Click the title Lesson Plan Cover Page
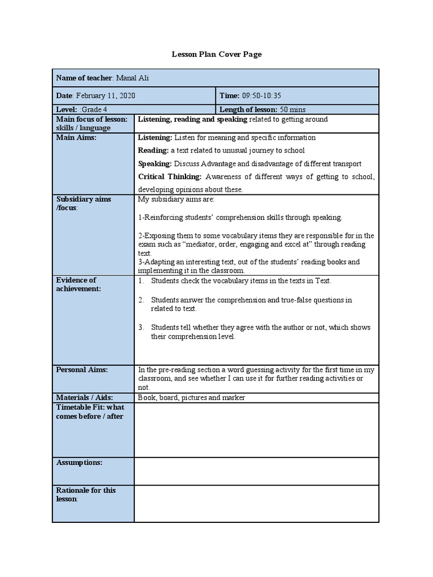click(216, 54)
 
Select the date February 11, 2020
click(105, 96)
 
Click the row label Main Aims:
click(77, 137)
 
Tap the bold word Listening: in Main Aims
click(155, 137)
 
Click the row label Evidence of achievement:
click(78, 284)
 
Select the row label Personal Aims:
click(82, 370)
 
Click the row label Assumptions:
click(79, 462)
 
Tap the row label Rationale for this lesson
click(86, 494)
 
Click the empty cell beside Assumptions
click(257, 471)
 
